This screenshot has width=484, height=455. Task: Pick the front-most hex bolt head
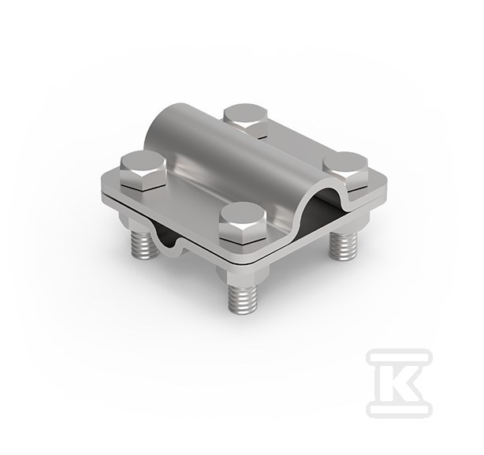click(243, 223)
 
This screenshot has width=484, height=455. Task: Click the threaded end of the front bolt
click(243, 297)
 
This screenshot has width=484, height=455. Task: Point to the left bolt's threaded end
click(145, 244)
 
